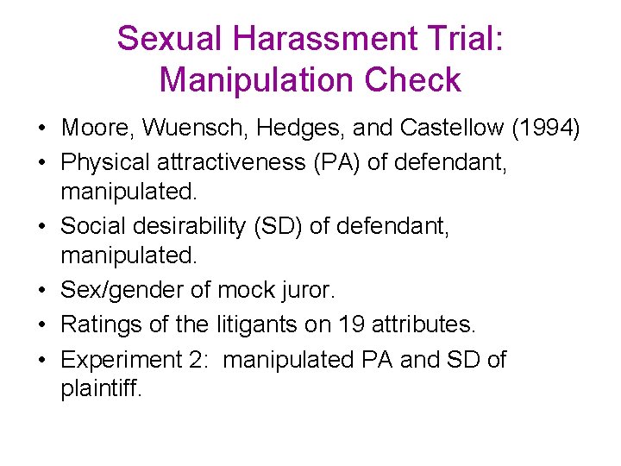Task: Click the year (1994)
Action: coord(546,129)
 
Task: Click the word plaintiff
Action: coord(99,389)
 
